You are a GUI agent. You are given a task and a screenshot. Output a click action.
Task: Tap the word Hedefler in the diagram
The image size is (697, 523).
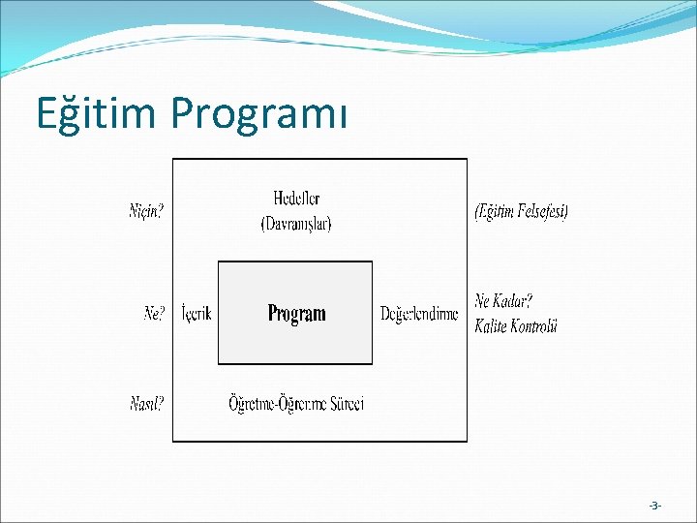[x=296, y=199]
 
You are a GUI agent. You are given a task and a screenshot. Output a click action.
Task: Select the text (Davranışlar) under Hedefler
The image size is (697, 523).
[x=296, y=223]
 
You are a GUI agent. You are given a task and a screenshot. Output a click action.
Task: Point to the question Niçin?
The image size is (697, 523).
[x=146, y=211]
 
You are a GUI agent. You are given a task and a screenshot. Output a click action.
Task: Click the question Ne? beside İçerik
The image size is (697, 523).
[x=155, y=314]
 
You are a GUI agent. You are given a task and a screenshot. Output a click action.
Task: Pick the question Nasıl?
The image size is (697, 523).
[x=146, y=404]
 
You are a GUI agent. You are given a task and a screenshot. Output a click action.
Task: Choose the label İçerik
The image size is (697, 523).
[x=197, y=314]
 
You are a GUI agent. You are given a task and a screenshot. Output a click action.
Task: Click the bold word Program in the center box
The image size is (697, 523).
[x=296, y=313]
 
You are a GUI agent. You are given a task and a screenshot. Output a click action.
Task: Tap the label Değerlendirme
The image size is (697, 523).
[x=418, y=314]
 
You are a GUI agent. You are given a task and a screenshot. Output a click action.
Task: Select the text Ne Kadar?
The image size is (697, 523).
[x=503, y=301]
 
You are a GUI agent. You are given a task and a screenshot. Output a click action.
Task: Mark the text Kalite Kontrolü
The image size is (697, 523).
[x=516, y=326]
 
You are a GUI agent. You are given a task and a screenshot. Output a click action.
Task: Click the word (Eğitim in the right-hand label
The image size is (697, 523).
[x=496, y=211]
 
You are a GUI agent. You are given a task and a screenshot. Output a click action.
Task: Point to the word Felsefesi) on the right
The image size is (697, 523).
[x=544, y=211]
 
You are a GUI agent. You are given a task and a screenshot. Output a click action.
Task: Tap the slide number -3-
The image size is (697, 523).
[x=655, y=506]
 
